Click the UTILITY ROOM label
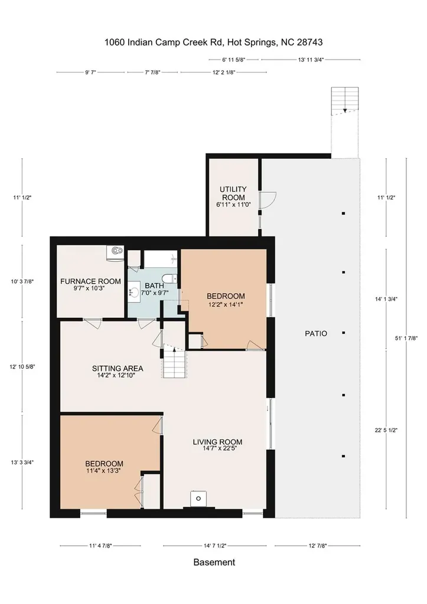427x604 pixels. point(233,193)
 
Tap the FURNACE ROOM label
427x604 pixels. point(90,281)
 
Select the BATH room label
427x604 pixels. point(154,286)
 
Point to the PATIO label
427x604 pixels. point(316,334)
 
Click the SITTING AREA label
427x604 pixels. point(118,369)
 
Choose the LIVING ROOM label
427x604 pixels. point(217,442)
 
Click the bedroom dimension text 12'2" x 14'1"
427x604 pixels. point(226,304)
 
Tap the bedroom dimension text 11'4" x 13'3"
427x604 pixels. point(104,470)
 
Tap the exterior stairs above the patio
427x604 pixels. point(345,101)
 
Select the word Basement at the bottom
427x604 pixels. point(214,562)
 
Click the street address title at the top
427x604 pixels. point(214,42)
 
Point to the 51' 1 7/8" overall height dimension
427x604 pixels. point(406,338)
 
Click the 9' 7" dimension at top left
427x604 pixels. point(90,72)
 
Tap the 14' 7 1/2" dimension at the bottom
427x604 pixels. point(215,546)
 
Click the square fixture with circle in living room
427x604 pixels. point(198,498)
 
